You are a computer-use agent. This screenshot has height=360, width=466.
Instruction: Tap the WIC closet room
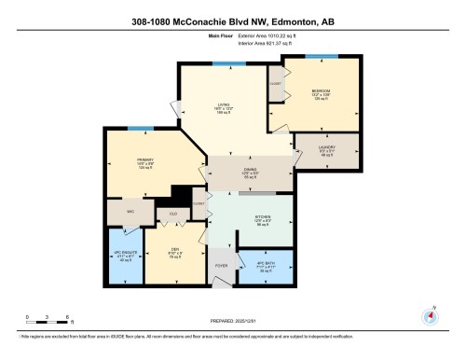click(x=130, y=212)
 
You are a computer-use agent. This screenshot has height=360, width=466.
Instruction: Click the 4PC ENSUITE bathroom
click(x=125, y=256)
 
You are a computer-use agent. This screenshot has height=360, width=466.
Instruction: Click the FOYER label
click(x=222, y=266)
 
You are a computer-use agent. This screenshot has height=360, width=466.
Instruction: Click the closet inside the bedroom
click(x=276, y=82)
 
